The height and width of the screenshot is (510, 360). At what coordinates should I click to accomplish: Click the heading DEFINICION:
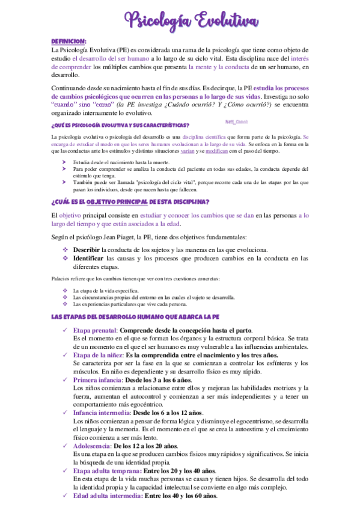coord(69,41)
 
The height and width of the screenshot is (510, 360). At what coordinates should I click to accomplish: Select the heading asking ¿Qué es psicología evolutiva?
coord(120,125)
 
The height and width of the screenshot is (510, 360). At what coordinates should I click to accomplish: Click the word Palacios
coord(63,278)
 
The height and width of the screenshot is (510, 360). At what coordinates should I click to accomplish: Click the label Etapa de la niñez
coord(99,355)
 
